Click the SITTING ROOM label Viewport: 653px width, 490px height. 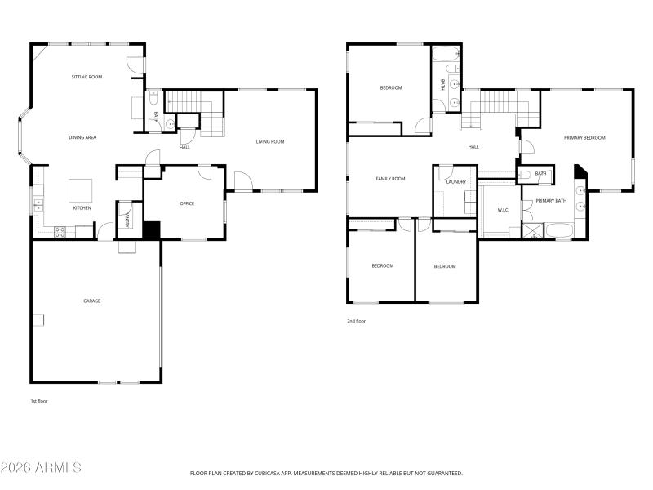pyautogui.click(x=87, y=77)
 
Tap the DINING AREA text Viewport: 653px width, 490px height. pyautogui.click(x=82, y=137)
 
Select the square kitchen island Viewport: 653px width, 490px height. pyautogui.click(x=80, y=190)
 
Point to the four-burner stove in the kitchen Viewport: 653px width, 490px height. pyautogui.click(x=60, y=232)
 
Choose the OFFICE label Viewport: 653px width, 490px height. pyautogui.click(x=187, y=203)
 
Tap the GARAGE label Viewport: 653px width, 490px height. pyautogui.click(x=91, y=301)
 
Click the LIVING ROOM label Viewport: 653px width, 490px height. pyautogui.click(x=270, y=142)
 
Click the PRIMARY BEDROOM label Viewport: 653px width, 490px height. pyautogui.click(x=585, y=138)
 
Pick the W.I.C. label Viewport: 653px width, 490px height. pyautogui.click(x=503, y=210)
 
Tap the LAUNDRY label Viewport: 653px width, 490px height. pyautogui.click(x=455, y=181)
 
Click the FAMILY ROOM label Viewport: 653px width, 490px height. pyautogui.click(x=390, y=178)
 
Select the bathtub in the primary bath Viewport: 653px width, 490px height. pyautogui.click(x=561, y=234)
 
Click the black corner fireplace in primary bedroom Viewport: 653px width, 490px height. pyautogui.click(x=580, y=171)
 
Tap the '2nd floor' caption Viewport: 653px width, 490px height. pyautogui.click(x=356, y=321)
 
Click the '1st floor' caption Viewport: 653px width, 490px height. pyautogui.click(x=39, y=401)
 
